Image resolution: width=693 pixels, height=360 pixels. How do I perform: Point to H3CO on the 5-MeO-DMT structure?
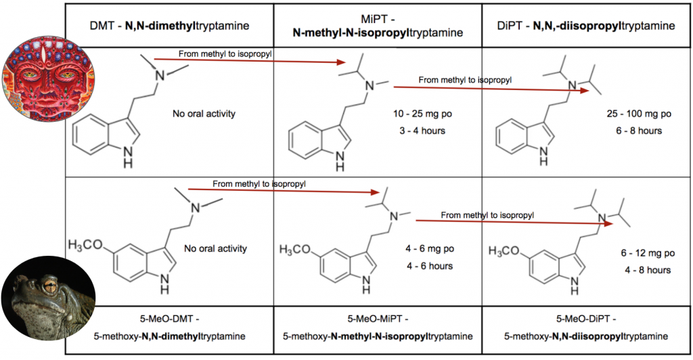pyautogui.click(x=88, y=244)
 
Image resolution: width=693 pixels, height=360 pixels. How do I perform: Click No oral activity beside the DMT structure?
pyautogui.click(x=204, y=114)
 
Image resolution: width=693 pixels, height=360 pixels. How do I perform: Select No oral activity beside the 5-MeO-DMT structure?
pyautogui.click(x=216, y=248)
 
